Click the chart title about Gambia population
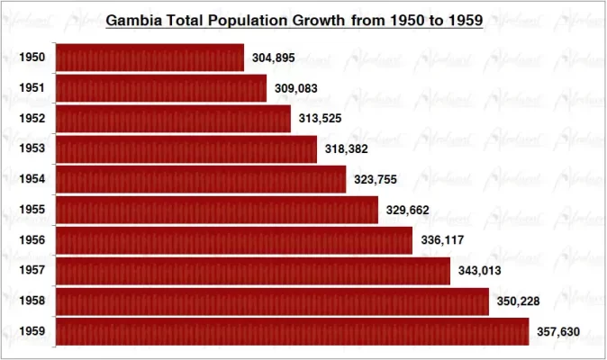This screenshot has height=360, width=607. click(x=294, y=19)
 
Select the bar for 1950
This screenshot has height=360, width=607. click(x=149, y=58)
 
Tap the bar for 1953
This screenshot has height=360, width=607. click(x=186, y=149)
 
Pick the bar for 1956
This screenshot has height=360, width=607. click(x=234, y=240)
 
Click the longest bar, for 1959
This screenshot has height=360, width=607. click(x=292, y=331)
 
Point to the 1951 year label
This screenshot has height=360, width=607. click(x=32, y=88)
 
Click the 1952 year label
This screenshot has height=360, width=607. click(x=32, y=119)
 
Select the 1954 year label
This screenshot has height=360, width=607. click(x=32, y=179)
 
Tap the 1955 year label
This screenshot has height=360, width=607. click(x=32, y=210)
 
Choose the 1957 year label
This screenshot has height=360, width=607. click(x=32, y=270)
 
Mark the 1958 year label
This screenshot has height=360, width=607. click(x=32, y=301)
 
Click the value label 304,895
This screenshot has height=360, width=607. click(x=273, y=58)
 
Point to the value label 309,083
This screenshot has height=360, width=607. click(x=295, y=89)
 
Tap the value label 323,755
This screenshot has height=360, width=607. click(x=375, y=180)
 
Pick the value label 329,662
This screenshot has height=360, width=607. click(x=407, y=211)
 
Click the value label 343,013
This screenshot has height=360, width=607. click(x=478, y=271)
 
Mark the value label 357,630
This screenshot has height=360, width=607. click(x=558, y=332)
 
